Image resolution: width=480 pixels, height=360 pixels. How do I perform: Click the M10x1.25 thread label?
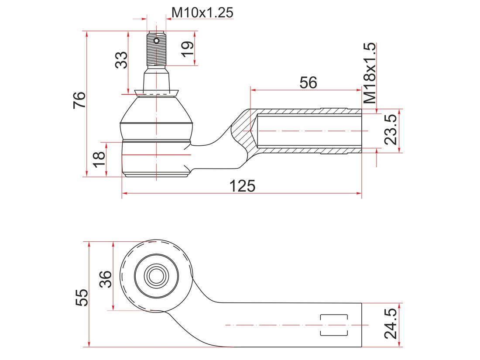[202, 13]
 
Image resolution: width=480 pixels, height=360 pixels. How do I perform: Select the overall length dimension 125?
[242, 186]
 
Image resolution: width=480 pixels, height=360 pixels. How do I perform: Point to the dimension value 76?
[79, 100]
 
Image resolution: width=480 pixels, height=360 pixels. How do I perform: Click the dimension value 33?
[121, 60]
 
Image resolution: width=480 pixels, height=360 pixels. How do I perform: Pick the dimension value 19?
[187, 49]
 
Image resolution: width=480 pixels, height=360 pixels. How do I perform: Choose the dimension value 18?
[99, 159]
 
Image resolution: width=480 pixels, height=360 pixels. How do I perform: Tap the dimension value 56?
[308, 82]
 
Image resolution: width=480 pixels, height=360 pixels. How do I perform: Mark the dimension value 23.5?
[391, 130]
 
